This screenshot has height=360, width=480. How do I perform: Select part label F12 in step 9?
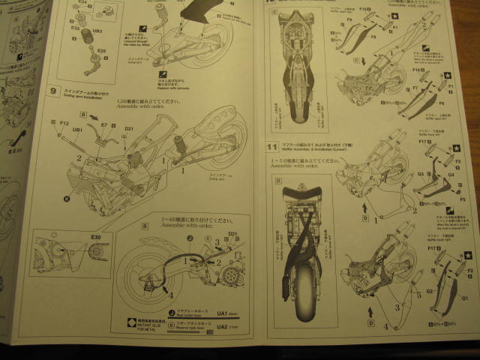point(64,123)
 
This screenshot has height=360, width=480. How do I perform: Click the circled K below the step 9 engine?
point(67,198)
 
